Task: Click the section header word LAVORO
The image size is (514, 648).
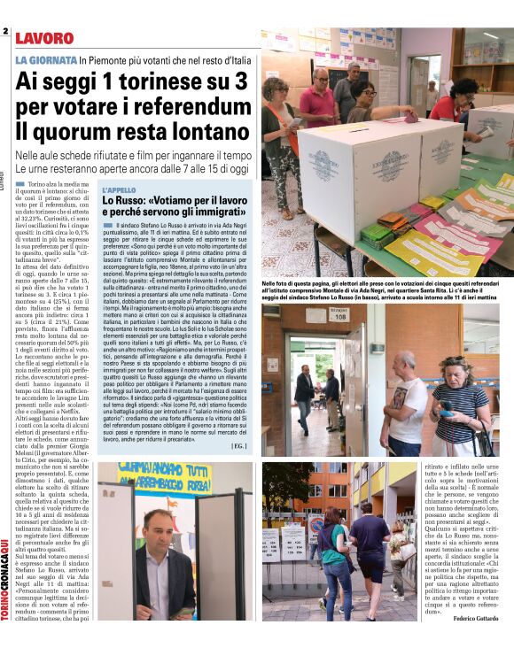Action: [44, 38]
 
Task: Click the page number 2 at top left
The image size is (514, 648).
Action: [5, 32]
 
